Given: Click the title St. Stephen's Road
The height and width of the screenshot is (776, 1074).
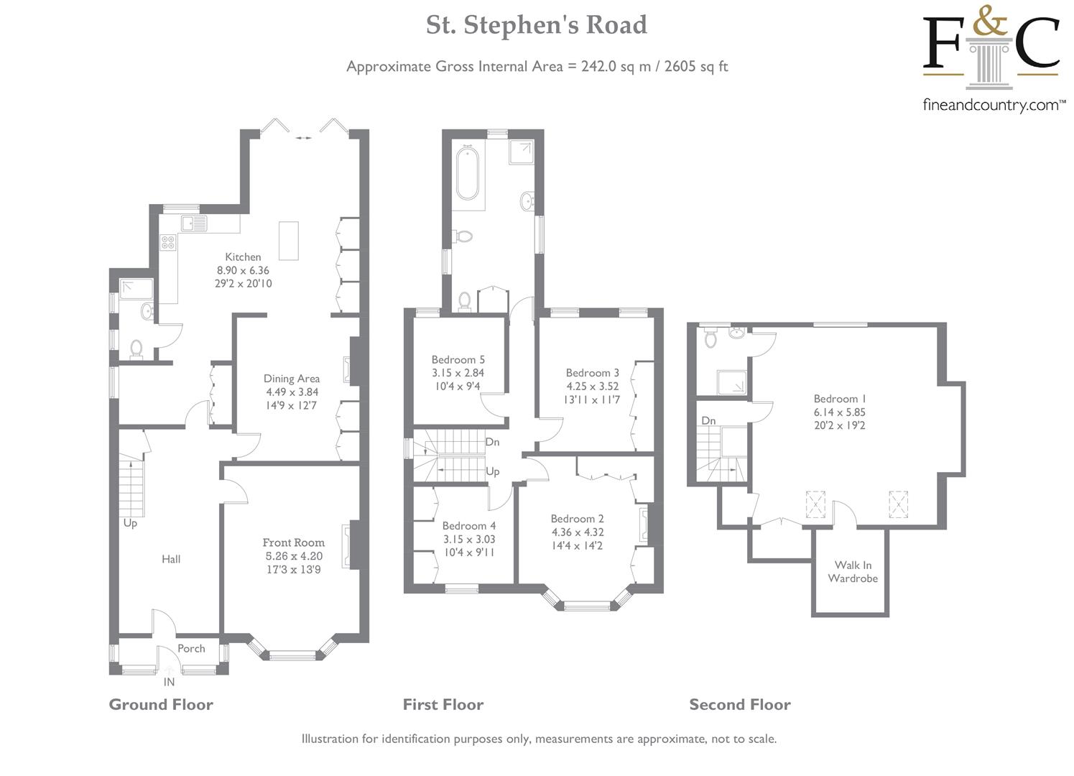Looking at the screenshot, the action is click(x=536, y=25).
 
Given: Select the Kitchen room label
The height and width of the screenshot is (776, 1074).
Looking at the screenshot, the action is click(x=244, y=257).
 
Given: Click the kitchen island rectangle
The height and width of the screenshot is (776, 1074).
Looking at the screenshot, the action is click(x=289, y=241).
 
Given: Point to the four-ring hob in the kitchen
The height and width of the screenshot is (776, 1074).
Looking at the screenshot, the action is click(x=169, y=242).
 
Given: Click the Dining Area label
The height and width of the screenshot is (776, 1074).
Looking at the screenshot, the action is click(x=292, y=379).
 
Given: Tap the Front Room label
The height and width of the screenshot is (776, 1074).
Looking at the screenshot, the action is click(x=293, y=542).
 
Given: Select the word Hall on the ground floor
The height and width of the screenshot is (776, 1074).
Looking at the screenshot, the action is click(x=171, y=559).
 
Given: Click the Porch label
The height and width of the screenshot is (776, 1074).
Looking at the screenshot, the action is click(x=191, y=648).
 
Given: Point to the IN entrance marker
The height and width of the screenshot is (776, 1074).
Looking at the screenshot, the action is click(x=170, y=682).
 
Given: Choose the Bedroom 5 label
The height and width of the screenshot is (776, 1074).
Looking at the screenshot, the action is click(x=458, y=359).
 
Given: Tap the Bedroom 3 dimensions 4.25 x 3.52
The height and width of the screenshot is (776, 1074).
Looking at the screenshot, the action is click(x=592, y=386).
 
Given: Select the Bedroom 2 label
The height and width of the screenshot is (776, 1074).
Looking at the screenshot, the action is click(x=577, y=519).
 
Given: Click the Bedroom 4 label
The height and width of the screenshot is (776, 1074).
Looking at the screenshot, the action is click(x=468, y=526).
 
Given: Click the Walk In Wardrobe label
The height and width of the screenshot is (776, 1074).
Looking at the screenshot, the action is click(x=853, y=571).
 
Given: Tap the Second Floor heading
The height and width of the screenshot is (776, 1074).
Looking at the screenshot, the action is click(x=740, y=705).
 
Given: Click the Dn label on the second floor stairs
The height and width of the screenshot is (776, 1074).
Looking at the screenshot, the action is click(x=708, y=420).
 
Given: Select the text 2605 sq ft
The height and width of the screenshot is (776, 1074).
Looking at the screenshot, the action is click(x=696, y=67).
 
